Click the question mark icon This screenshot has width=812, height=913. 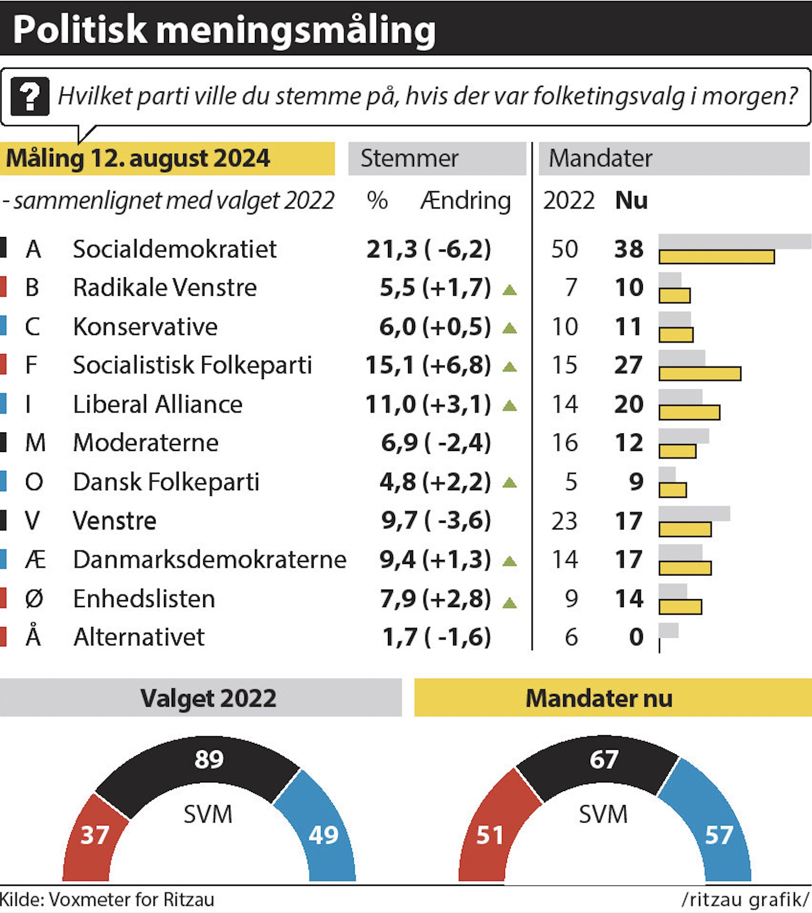pyautogui.click(x=30, y=96)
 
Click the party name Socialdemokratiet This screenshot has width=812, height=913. pyautogui.click(x=175, y=249)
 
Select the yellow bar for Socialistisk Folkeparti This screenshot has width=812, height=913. pyautogui.click(x=700, y=374)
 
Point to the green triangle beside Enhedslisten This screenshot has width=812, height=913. pyautogui.click(x=509, y=602)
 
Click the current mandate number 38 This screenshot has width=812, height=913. pyautogui.click(x=629, y=249)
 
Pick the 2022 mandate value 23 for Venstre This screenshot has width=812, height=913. pyautogui.click(x=565, y=521)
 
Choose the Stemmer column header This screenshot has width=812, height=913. pyautogui.click(x=410, y=158)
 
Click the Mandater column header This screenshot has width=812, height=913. pyautogui.click(x=600, y=158)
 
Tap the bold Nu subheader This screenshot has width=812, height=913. pyautogui.click(x=631, y=200)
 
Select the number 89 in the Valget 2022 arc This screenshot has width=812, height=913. pyautogui.click(x=209, y=759)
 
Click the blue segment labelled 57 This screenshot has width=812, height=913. pyautogui.click(x=713, y=824)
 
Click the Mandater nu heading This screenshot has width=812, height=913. pyautogui.click(x=599, y=698)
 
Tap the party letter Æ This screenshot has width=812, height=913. pyautogui.click(x=35, y=559)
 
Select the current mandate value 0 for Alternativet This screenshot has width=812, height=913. pyautogui.click(x=636, y=637)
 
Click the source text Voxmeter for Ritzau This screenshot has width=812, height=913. pyautogui.click(x=131, y=899)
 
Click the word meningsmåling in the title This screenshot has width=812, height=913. pyautogui.click(x=296, y=30)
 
